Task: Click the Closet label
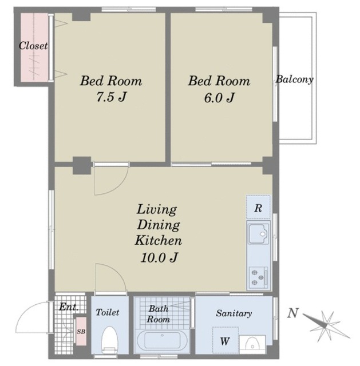[x=33, y=46]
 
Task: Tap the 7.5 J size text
[x=112, y=97]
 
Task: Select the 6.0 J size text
[x=219, y=98]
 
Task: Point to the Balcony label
[x=295, y=79]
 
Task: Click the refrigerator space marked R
[x=258, y=207]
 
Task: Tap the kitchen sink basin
[x=258, y=234]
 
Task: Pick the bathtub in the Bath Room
[x=162, y=341]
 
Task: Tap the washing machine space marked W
[x=225, y=340]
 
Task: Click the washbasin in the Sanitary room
[x=252, y=344]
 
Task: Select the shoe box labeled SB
[x=81, y=331]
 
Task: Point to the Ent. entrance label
[x=69, y=307]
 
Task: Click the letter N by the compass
[x=292, y=313]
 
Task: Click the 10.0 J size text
[x=160, y=257]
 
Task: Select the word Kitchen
[x=159, y=240]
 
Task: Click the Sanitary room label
[x=234, y=313]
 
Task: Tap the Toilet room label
[x=108, y=312]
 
